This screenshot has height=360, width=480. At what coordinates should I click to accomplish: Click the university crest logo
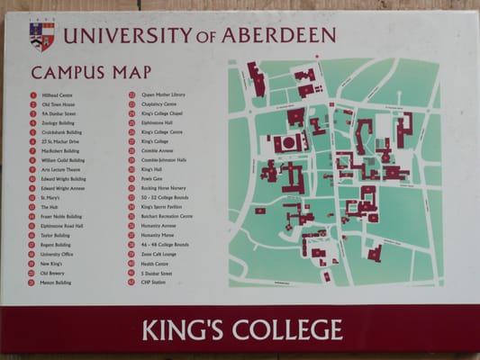coord(41,35)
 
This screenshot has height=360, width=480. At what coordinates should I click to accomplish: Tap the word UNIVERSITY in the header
coord(126,36)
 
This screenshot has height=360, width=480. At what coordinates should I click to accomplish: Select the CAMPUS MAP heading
coord(78,73)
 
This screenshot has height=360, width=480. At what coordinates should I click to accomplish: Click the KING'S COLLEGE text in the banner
coord(241,329)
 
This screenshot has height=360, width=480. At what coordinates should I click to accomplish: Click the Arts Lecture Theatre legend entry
coord(61,169)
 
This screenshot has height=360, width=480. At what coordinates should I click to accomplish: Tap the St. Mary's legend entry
coord(50,198)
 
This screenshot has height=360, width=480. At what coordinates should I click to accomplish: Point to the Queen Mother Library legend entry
coord(163,94)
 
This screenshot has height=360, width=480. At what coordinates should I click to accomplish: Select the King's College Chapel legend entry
coord(161,113)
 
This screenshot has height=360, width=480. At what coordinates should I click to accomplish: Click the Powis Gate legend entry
coord(151,179)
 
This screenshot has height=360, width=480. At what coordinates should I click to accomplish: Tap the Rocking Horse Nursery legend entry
coord(163,188)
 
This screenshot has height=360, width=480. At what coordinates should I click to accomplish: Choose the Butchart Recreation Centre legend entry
coord(167,216)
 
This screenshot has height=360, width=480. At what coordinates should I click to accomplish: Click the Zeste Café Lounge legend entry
coord(158,255)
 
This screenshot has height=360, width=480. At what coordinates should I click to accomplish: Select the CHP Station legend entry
coord(152,283)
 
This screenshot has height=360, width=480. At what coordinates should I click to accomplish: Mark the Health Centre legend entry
coord(154,264)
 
